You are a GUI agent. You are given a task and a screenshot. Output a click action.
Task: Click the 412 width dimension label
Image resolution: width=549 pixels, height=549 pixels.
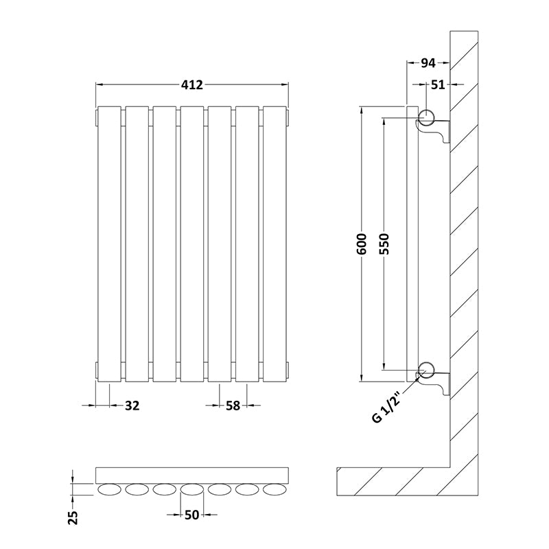192,84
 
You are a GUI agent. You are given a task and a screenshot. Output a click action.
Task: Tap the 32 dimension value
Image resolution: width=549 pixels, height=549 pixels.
132,406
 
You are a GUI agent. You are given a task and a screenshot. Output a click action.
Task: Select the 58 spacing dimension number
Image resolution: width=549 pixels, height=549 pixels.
233,406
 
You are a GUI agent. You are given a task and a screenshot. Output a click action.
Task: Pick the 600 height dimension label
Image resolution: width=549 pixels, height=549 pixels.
362,244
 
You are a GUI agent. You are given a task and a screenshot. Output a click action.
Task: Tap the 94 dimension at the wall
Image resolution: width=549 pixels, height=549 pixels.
428,63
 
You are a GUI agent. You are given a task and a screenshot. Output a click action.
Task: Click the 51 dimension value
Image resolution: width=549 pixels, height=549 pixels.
438,84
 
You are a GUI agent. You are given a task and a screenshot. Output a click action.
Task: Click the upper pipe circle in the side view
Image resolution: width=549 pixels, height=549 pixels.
425,117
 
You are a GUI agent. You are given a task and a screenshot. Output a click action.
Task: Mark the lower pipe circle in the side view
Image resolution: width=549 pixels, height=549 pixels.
425,369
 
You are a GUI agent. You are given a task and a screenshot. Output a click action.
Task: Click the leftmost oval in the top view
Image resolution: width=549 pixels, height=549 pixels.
109,490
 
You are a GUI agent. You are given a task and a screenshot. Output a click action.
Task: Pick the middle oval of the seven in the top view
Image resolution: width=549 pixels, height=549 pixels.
192,490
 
